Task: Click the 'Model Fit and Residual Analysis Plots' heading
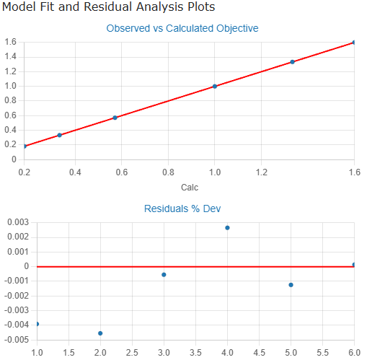(x=108, y=6)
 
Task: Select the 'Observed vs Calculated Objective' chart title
(x=182, y=29)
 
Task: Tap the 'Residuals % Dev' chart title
(x=182, y=208)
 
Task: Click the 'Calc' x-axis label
(x=190, y=188)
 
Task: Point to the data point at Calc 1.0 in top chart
(x=215, y=86)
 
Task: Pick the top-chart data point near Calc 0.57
(x=115, y=118)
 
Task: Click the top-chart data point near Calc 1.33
(x=292, y=62)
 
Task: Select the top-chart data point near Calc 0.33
(x=59, y=135)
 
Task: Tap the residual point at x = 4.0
(x=227, y=228)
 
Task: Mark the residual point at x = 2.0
(x=100, y=333)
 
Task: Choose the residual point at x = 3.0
(x=164, y=275)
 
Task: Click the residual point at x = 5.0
(x=291, y=285)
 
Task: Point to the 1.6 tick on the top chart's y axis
(x=10, y=42)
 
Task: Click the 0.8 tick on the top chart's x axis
(x=168, y=172)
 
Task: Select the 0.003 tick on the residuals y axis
(x=15, y=222)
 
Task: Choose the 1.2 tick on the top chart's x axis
(x=262, y=172)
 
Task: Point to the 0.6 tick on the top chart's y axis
(x=10, y=115)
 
